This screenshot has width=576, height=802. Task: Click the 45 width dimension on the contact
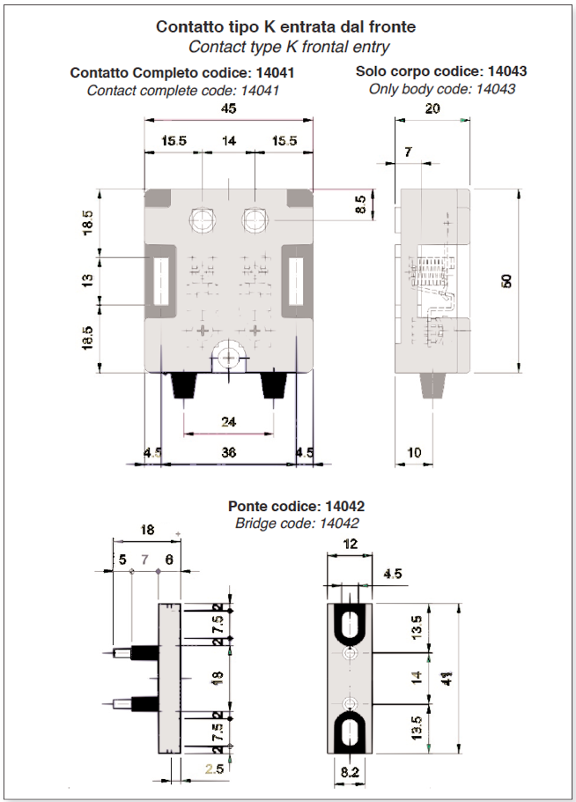(x=228, y=108)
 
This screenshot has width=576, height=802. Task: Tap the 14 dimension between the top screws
(x=229, y=141)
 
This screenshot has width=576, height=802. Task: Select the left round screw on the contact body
(x=203, y=219)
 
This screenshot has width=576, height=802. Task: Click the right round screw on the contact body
(x=255, y=219)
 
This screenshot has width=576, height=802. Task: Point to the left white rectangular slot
(x=161, y=281)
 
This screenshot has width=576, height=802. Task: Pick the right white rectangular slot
(x=297, y=281)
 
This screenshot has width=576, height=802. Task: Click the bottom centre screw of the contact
(x=228, y=357)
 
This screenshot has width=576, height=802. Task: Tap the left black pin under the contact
(x=184, y=385)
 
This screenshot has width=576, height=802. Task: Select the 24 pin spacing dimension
(x=228, y=421)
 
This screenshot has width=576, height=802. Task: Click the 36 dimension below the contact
(x=228, y=452)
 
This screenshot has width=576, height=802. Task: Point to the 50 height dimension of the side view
(x=506, y=281)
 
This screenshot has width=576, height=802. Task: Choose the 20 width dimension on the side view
(x=432, y=108)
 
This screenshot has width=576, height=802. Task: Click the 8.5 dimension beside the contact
(x=360, y=205)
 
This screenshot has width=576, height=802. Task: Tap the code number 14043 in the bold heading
(x=507, y=71)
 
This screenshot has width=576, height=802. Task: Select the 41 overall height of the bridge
(x=447, y=679)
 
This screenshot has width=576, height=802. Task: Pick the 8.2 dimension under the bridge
(x=350, y=772)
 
